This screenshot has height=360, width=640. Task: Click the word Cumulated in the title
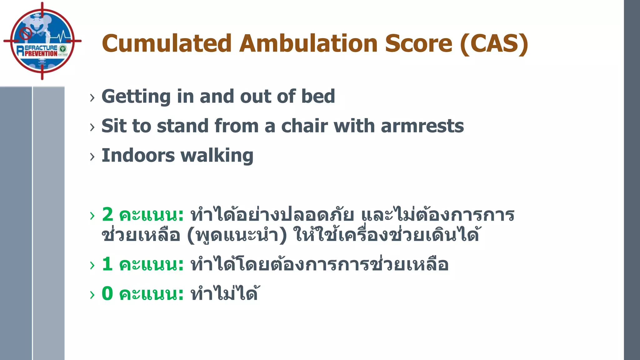(166, 44)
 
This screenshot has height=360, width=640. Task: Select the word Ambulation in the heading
(308, 44)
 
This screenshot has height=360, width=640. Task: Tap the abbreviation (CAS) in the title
(494, 44)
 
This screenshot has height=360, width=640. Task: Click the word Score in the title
(418, 44)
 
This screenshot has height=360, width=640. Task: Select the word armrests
(422, 126)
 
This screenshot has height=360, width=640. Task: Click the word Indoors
(138, 156)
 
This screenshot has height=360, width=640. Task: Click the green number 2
(107, 215)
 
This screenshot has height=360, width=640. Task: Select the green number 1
(107, 264)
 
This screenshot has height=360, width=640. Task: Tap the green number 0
(107, 294)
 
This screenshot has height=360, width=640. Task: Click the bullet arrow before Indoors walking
(92, 157)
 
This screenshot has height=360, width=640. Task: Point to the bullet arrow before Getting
(92, 98)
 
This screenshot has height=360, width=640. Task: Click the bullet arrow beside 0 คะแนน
(92, 295)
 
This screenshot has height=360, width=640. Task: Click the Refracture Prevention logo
(42, 41)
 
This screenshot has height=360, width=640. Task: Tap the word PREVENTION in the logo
(41, 54)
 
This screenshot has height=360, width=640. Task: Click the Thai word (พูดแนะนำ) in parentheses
(237, 235)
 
